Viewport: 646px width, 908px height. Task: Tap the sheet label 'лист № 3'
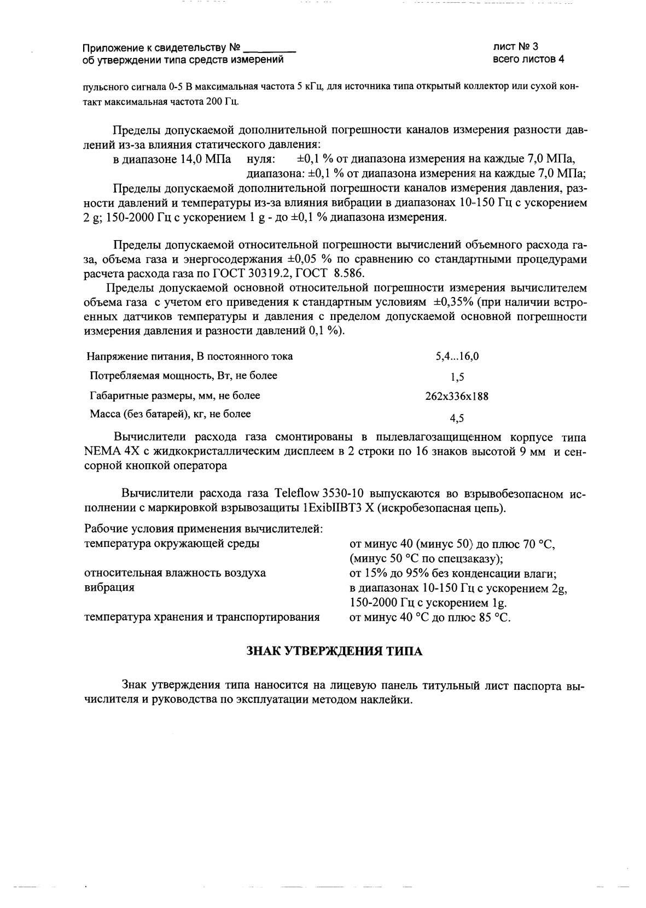(x=515, y=47)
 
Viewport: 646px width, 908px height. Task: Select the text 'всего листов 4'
(x=528, y=59)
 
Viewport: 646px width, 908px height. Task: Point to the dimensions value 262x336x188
(x=457, y=397)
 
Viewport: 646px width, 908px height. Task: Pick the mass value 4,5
(x=457, y=419)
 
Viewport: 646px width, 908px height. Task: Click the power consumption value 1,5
(x=457, y=377)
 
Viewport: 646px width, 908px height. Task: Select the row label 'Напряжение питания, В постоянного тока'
(x=189, y=357)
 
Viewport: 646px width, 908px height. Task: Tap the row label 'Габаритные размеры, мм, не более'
(x=174, y=395)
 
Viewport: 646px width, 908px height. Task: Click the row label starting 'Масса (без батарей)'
(x=170, y=414)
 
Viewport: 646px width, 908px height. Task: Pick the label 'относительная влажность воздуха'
(x=174, y=573)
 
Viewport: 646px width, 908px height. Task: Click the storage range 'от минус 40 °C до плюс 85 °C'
(x=429, y=618)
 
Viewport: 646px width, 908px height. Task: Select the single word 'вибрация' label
(x=109, y=587)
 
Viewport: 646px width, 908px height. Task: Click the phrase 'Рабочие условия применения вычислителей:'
(x=203, y=529)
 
